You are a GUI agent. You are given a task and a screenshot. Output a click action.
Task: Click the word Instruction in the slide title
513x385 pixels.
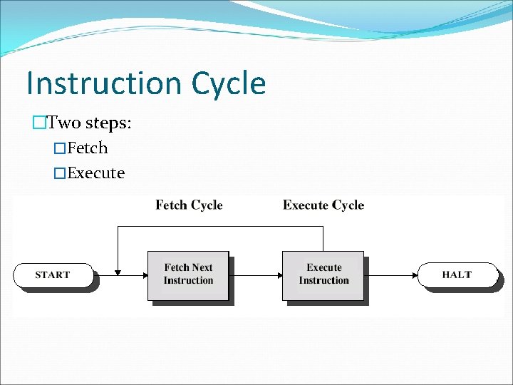coord(103,83)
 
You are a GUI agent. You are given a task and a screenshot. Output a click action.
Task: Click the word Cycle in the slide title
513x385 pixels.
coord(228,83)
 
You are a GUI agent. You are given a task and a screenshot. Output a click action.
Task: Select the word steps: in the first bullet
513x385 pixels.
coord(108,123)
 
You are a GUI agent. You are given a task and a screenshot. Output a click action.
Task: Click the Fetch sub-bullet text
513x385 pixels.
coord(87,148)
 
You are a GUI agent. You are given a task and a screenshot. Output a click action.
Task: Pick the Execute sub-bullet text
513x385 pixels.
coord(95,173)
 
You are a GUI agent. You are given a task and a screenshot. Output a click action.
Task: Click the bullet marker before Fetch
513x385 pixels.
coord(60,148)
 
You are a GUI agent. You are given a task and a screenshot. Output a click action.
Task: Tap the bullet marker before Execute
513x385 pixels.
coord(60,173)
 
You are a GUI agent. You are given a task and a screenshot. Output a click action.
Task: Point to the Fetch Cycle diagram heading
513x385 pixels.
coord(189,205)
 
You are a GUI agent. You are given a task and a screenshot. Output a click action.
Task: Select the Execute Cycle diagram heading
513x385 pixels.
coord(323,205)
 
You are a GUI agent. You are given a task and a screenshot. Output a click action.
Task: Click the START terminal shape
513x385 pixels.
coord(53,274)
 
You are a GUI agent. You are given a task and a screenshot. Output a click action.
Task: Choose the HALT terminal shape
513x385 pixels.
coord(456,274)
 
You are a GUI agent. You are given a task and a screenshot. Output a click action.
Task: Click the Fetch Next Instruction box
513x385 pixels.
coord(188,274)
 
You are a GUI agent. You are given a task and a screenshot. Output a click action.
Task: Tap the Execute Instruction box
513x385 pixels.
coord(323,274)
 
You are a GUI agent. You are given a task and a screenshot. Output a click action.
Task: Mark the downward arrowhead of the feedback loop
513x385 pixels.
coord(118,270)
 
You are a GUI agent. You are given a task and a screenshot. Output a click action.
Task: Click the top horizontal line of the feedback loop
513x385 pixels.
coord(221,227)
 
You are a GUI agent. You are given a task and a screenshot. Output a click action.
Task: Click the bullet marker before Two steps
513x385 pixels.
coord(39,123)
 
